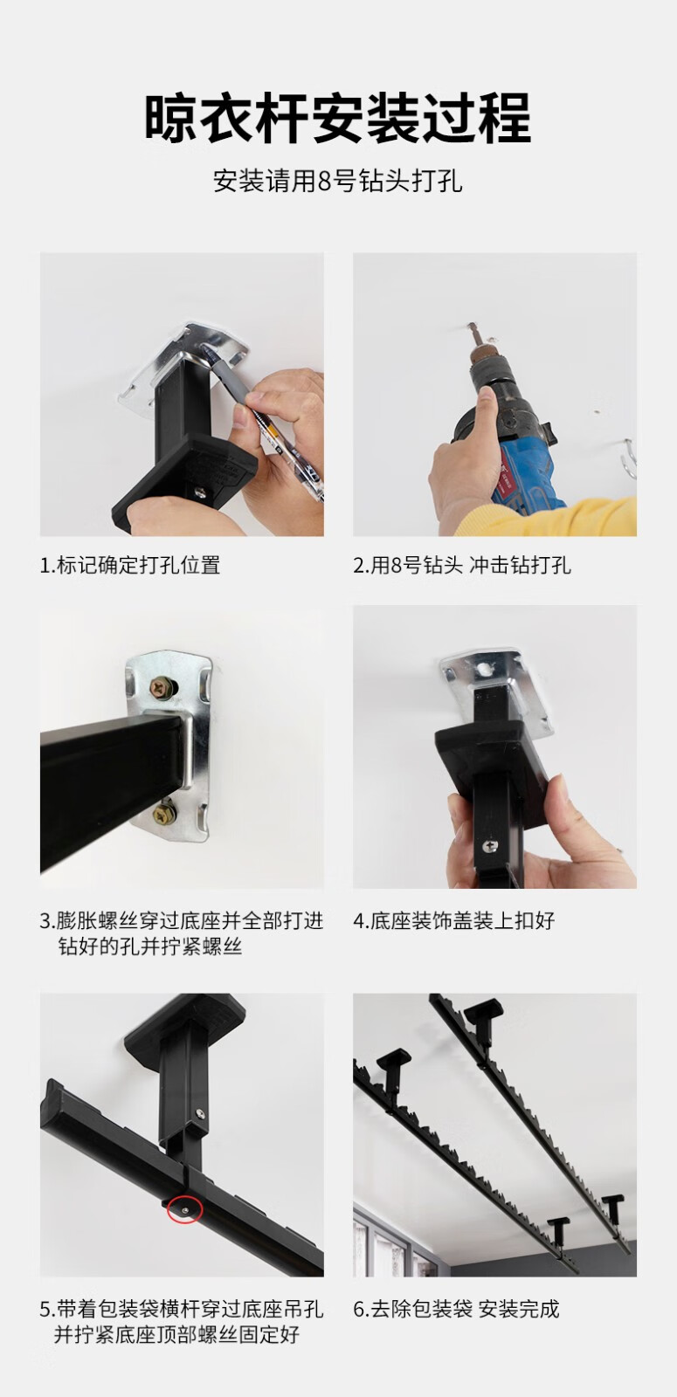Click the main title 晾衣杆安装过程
[337, 117]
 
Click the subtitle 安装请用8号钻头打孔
[337, 181]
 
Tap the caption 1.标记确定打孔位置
[130, 565]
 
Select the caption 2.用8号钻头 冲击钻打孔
[462, 565]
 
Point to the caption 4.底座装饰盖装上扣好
[454, 920]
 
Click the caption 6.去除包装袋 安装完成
[456, 1309]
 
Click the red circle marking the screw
[184, 1210]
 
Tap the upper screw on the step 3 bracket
[162, 688]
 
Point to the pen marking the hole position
[268, 424]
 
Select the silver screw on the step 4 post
[488, 846]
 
